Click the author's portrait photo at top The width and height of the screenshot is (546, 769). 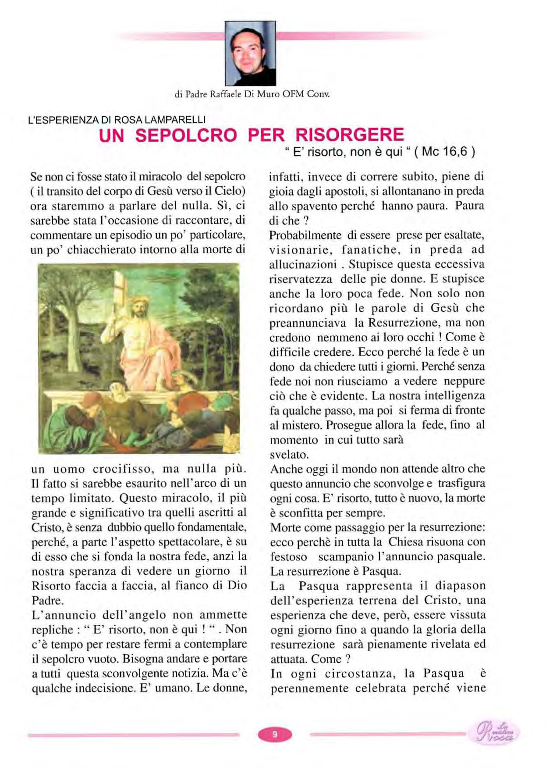tap(250, 53)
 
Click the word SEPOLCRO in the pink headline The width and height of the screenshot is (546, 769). tap(186, 135)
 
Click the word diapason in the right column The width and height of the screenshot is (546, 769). tap(461, 586)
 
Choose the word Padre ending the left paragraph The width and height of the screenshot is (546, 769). tap(48, 600)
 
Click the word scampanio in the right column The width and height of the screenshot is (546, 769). tap(344, 556)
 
